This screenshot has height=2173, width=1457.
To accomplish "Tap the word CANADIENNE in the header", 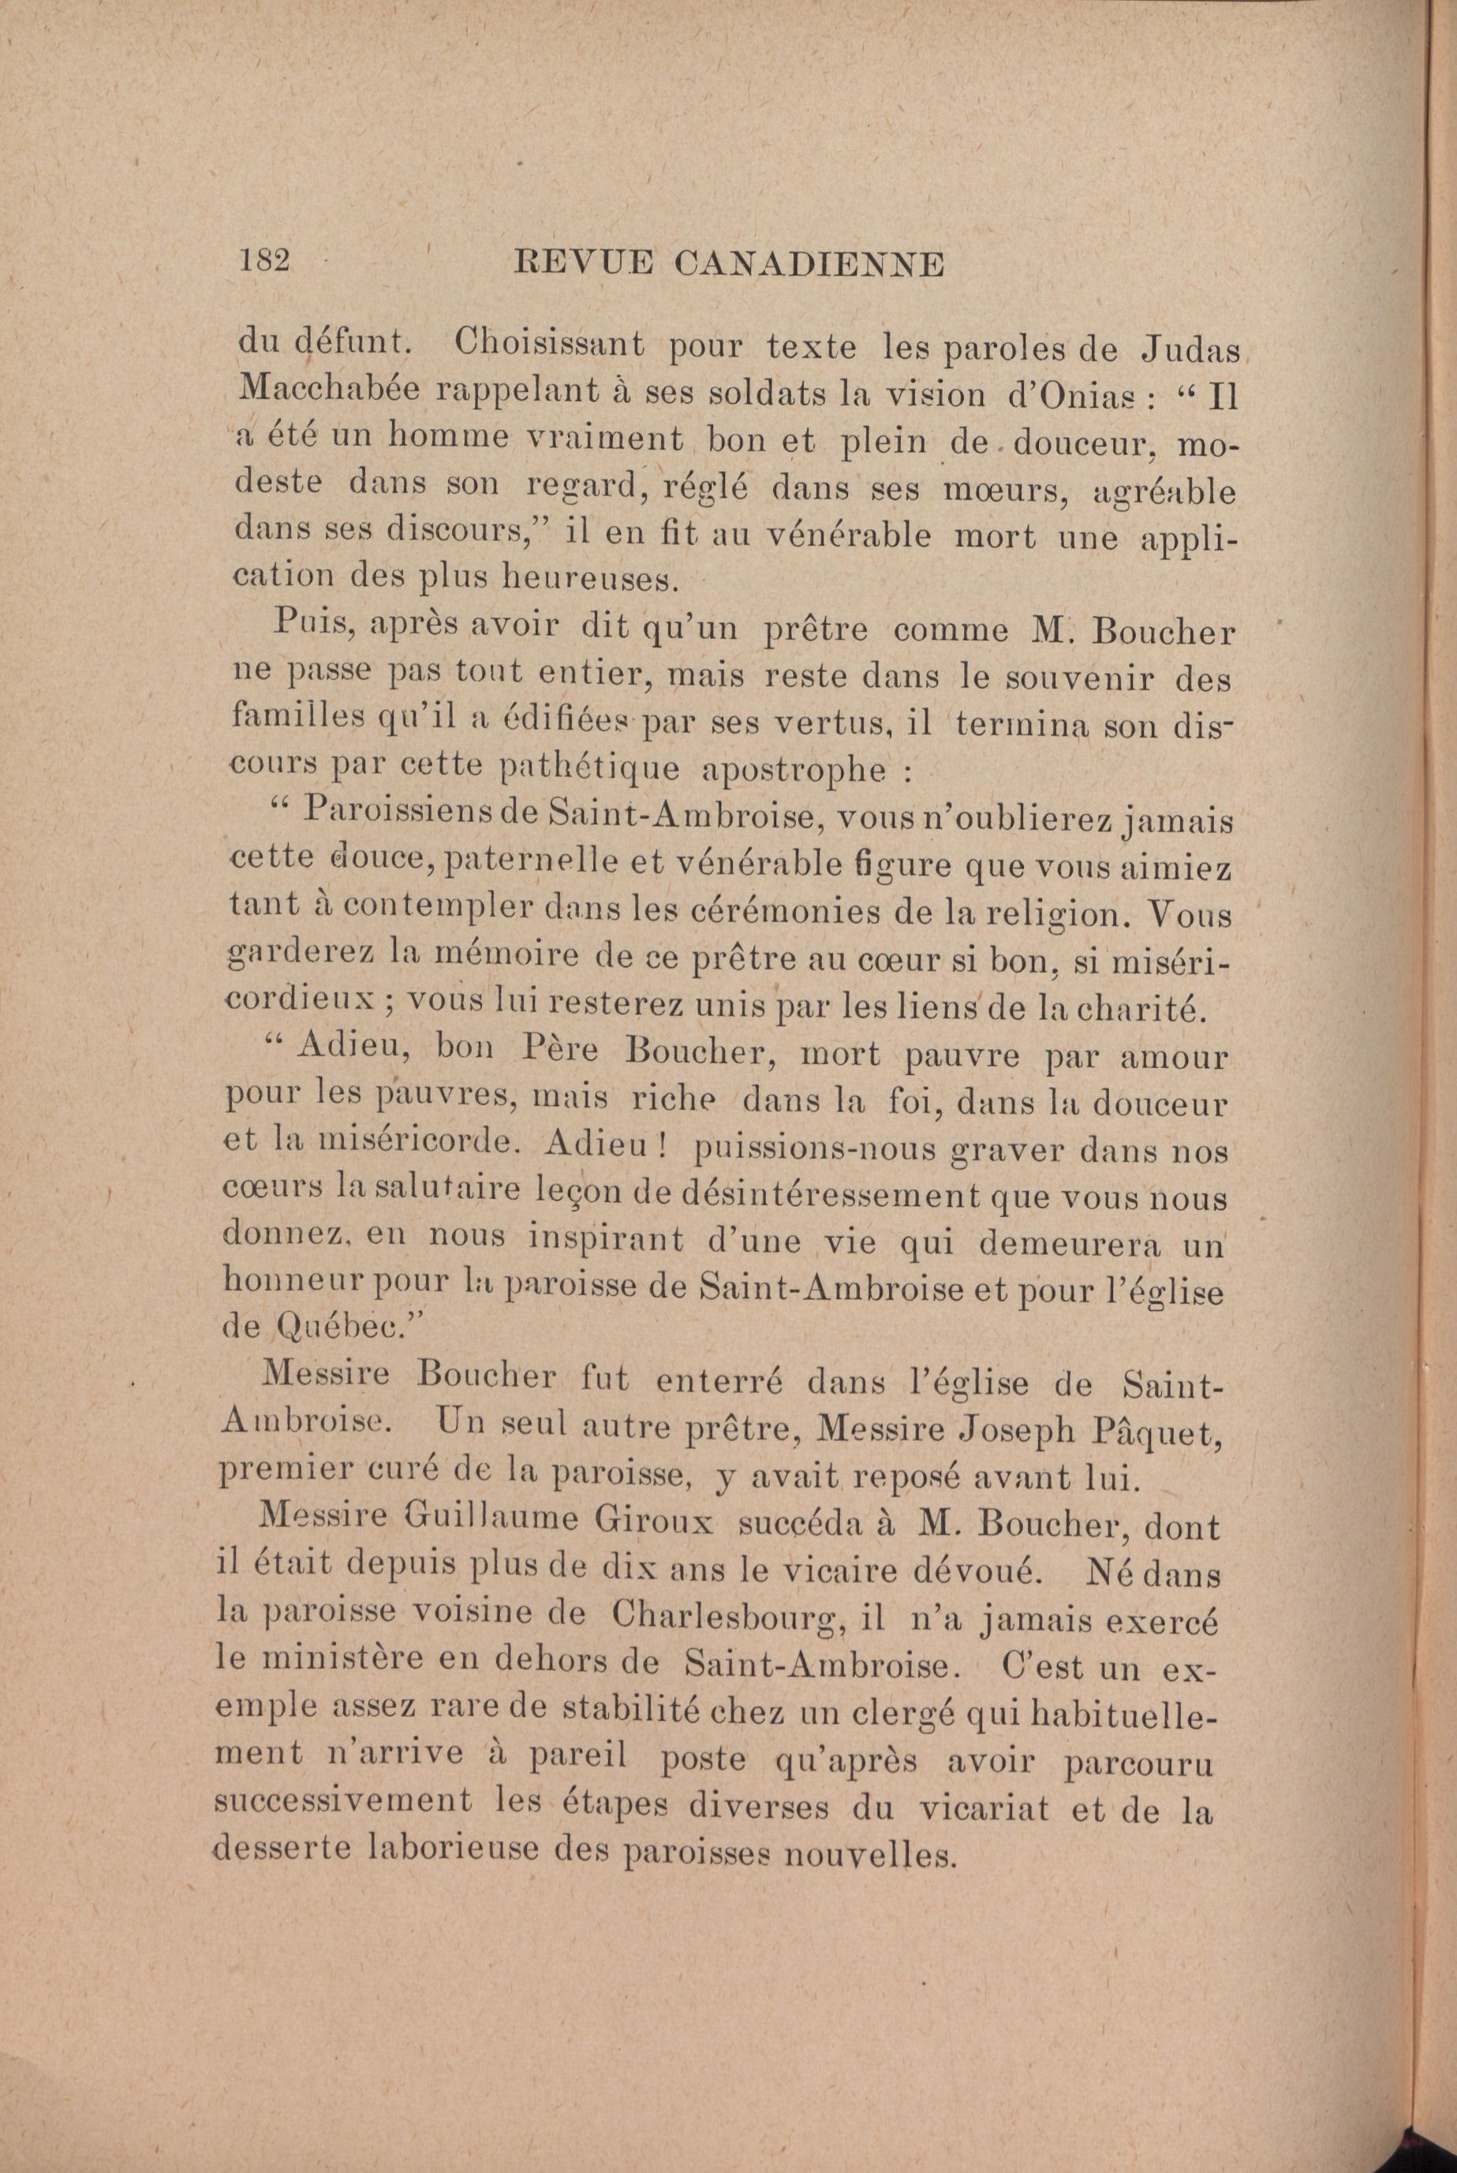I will tap(809, 265).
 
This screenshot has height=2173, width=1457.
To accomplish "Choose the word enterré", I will tap(719, 1383).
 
